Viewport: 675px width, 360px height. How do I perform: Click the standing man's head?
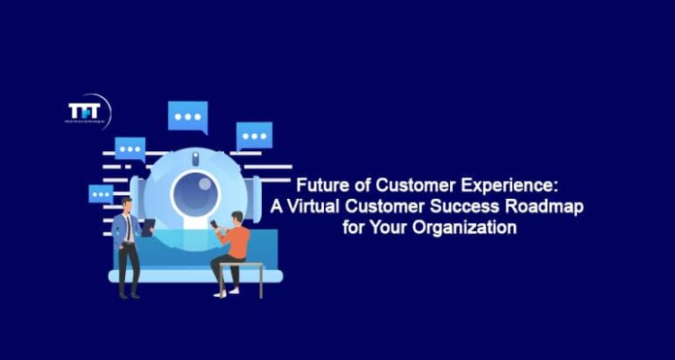tap(127, 206)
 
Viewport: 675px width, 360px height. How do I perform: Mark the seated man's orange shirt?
tap(237, 240)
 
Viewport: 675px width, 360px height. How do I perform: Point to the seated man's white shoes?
tap(220, 292)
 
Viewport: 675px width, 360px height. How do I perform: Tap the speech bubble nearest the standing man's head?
tap(100, 193)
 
